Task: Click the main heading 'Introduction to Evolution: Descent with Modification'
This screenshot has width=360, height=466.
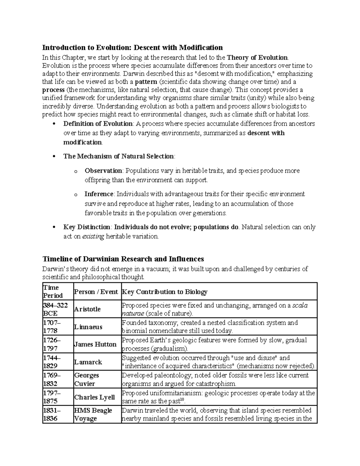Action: tap(132, 48)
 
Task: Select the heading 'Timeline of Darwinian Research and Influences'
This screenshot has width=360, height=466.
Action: tap(123, 259)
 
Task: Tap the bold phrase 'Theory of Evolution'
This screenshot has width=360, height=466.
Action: tap(257, 58)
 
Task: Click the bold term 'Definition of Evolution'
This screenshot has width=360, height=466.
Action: tap(98, 124)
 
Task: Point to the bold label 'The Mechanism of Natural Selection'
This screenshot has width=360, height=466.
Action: tap(118, 156)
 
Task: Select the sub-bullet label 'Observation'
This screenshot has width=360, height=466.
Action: tap(103, 171)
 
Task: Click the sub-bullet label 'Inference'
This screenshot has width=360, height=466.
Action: tap(99, 194)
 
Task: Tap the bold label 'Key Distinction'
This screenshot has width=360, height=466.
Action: tap(87, 227)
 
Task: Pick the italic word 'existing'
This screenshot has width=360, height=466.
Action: tap(93, 236)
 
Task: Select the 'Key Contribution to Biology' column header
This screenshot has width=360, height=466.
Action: tap(165, 292)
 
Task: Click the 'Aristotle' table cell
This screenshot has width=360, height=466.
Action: tap(87, 309)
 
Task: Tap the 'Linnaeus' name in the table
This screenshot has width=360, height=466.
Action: tap(88, 327)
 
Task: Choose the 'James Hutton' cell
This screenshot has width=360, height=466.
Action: tap(95, 344)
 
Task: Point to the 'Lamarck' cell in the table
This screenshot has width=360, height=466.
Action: tap(88, 362)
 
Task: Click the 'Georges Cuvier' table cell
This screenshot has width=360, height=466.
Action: tap(86, 380)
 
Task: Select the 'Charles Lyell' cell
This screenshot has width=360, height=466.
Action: tap(94, 397)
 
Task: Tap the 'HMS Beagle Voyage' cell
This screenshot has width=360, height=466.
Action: tap(93, 414)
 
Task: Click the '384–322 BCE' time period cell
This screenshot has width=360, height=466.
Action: tap(51, 309)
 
